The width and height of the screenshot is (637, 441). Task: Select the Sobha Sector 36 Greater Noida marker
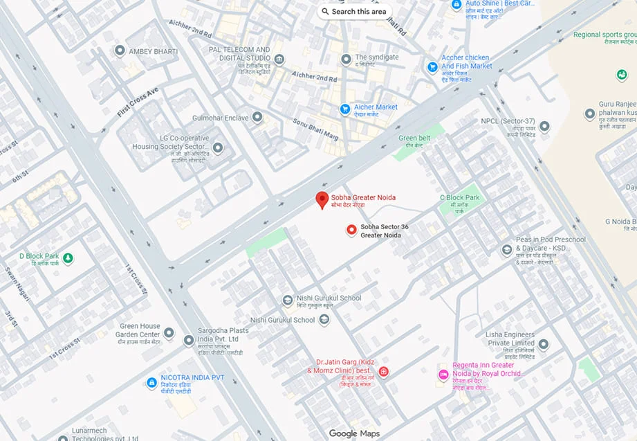(351, 230)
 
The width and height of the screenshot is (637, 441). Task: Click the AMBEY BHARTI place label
(154, 52)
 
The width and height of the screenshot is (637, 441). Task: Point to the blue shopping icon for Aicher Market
(344, 109)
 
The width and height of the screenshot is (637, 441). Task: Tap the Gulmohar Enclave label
(220, 118)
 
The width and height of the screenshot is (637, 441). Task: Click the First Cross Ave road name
(138, 102)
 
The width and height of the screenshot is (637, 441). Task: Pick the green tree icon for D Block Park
(68, 259)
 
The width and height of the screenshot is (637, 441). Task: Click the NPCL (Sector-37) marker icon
(544, 127)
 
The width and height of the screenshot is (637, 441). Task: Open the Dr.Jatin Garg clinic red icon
(383, 372)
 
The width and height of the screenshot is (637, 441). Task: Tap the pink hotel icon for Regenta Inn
(443, 375)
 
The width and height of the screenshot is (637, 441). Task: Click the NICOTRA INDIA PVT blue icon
(152, 382)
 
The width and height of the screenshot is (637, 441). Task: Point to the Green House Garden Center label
(140, 330)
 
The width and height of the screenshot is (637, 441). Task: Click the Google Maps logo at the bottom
(353, 433)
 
